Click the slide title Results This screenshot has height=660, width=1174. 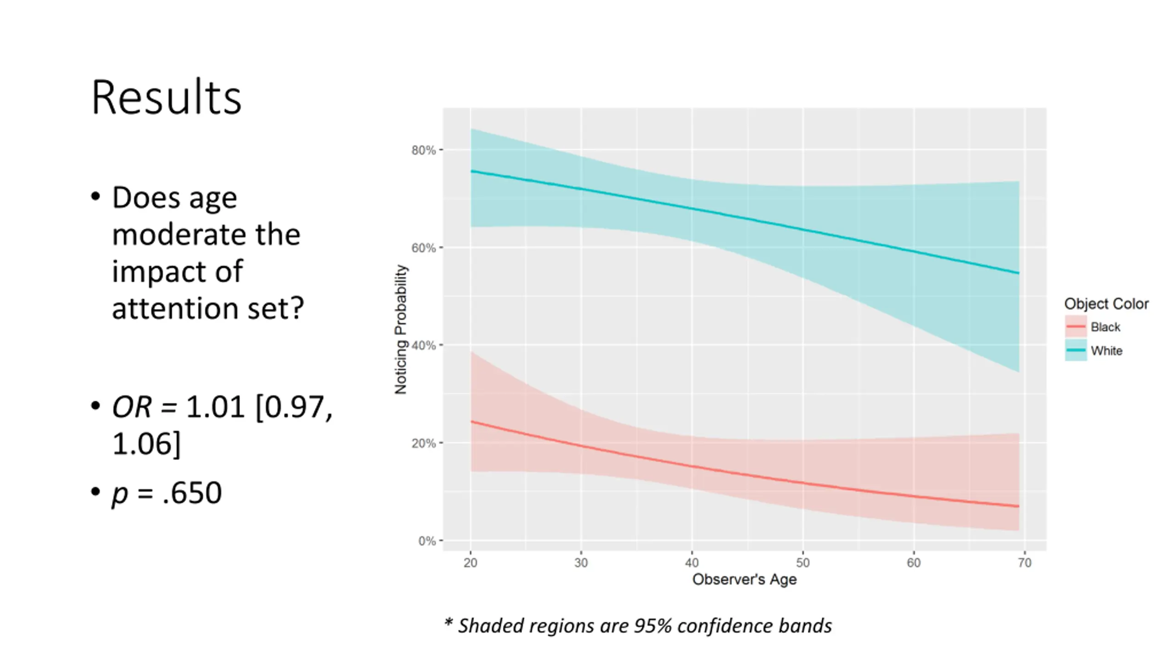pos(166,98)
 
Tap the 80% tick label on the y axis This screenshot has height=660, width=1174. pos(423,150)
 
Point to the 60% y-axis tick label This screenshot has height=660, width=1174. pos(423,248)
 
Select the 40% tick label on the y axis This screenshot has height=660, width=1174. pos(423,346)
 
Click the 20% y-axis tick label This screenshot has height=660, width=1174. pos(423,443)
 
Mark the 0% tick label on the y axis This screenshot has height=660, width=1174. pos(426,541)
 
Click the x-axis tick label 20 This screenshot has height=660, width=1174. pos(471,563)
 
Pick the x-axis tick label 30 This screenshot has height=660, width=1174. pos(581,563)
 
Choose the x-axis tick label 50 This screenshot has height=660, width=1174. pos(803,563)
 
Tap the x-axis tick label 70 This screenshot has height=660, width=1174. pos(1024,563)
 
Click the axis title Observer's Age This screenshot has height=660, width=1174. pos(744,579)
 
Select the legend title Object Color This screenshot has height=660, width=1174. pos(1106,304)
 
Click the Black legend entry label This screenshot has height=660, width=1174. pos(1105,327)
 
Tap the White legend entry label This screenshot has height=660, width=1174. pos(1107,351)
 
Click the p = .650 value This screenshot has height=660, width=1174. pos(167,493)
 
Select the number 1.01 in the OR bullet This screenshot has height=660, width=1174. pos(216,407)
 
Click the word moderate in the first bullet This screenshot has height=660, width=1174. pos(206,235)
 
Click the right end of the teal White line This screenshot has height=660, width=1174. pos(1018,273)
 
